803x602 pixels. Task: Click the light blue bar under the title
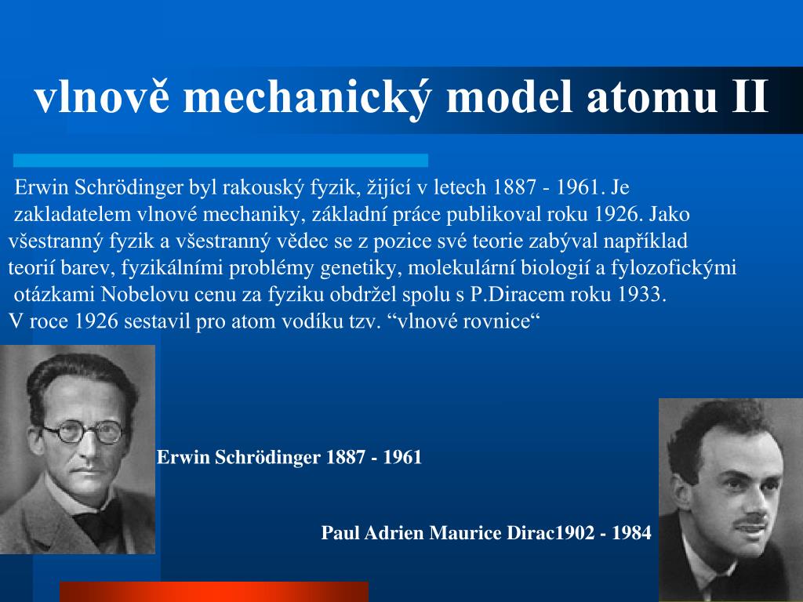[220, 160]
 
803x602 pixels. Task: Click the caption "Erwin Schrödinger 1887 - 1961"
[289, 457]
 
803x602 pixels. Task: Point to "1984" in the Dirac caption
[631, 533]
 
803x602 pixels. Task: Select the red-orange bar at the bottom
[213, 592]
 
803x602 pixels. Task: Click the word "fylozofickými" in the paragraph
[674, 268]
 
